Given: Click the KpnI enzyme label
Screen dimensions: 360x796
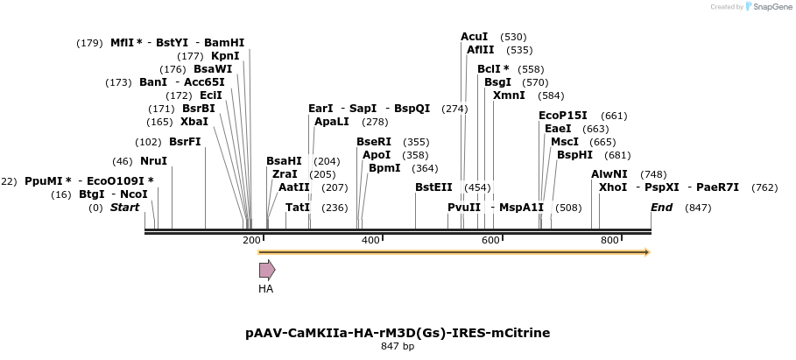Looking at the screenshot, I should click(x=225, y=56).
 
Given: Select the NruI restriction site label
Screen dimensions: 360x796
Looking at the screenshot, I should click(x=153, y=161).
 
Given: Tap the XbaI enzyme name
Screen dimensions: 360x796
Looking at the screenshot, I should click(x=194, y=122).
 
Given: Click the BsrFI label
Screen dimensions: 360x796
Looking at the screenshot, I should click(x=185, y=142).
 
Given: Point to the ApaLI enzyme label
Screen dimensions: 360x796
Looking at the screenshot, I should click(x=332, y=122).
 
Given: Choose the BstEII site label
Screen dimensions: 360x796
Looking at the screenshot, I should click(x=433, y=187).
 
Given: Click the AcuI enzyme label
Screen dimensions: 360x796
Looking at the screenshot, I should click(x=475, y=37).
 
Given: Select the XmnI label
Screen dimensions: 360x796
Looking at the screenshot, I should click(x=509, y=95).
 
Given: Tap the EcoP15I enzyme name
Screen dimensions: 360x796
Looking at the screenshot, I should click(x=563, y=116).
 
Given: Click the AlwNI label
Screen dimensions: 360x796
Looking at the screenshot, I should click(x=609, y=174).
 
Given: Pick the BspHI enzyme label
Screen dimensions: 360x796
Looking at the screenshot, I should click(x=574, y=155).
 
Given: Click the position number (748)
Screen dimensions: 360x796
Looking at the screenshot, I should click(x=653, y=174).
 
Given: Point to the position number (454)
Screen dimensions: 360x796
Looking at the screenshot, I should click(x=477, y=187).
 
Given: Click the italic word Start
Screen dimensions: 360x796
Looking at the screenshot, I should click(x=124, y=208).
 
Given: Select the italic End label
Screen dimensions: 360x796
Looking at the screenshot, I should click(x=662, y=208).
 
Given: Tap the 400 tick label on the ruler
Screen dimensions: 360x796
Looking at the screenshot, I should click(x=370, y=240).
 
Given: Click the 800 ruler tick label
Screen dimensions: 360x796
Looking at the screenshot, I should click(x=609, y=240).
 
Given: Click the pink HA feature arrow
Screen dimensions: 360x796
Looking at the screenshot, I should click(x=266, y=270).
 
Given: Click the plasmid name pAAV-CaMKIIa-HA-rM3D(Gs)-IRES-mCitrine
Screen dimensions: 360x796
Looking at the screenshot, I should click(x=398, y=333).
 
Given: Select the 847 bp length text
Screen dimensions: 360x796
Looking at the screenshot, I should click(x=398, y=347).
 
